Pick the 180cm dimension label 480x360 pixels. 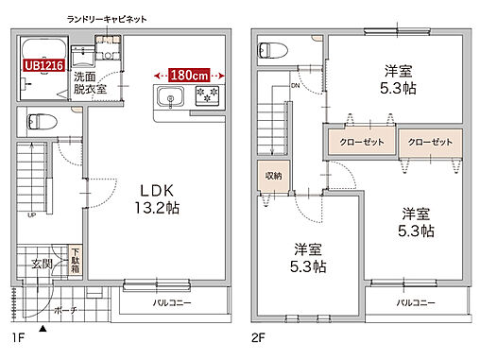pyautogui.click(x=189, y=73)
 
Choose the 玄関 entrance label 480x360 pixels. pyautogui.click(x=42, y=264)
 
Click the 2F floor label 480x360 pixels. pyautogui.click(x=258, y=336)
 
